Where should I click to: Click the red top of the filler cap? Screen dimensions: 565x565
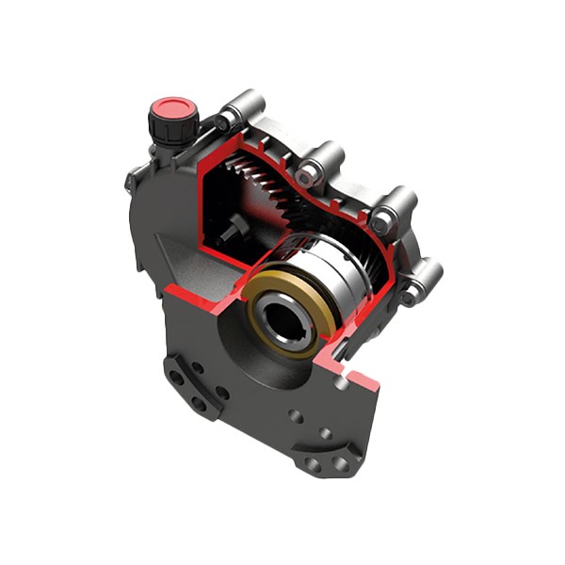coord(173,107)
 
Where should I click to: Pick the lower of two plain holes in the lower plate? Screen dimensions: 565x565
coord(325,434)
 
